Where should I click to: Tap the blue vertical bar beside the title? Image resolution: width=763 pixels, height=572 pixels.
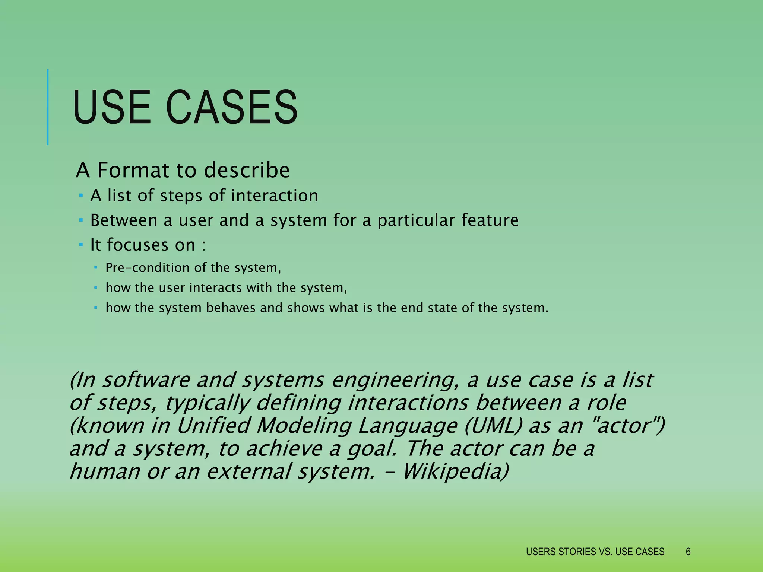48,107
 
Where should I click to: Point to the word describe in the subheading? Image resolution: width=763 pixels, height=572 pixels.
247,170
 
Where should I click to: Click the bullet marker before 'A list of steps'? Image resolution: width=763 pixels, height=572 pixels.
80,195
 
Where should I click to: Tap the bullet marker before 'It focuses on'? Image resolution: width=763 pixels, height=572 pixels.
80,245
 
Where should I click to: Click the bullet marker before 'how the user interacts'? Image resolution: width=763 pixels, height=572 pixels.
95,287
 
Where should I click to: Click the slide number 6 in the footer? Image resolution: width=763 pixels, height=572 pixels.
688,552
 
